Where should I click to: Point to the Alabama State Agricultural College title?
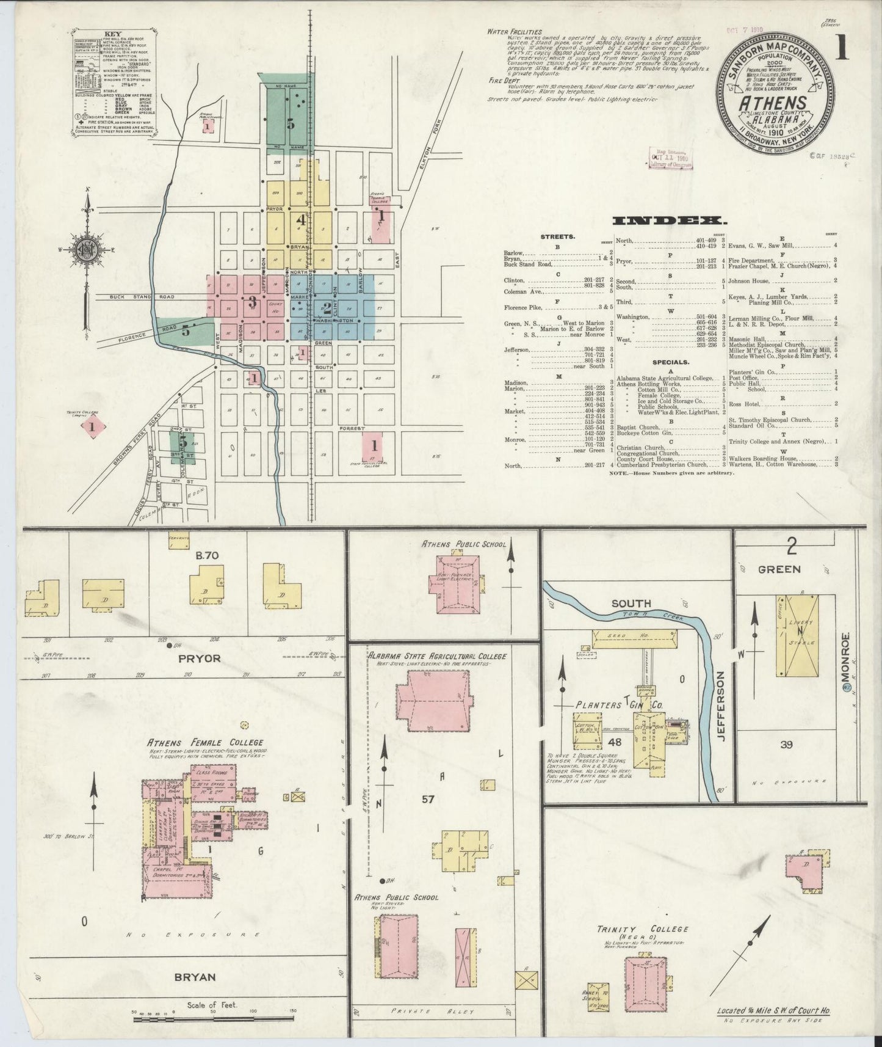[436, 656]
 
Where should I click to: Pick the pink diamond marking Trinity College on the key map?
[92, 427]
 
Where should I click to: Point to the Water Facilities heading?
[514, 31]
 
